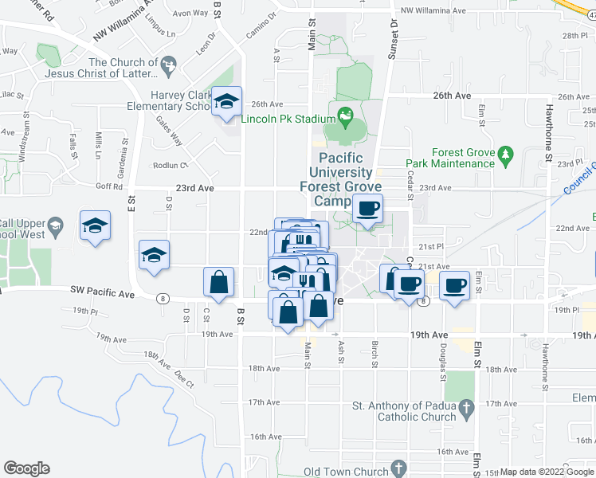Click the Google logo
tap(26, 468)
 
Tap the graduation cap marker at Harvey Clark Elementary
tap(227, 101)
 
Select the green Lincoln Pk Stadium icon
tap(346, 119)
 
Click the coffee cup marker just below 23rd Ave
tap(367, 210)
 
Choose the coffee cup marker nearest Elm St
tap(455, 284)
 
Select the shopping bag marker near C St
tap(218, 282)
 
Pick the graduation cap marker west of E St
tap(95, 225)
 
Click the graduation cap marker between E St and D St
tap(154, 255)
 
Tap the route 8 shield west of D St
tap(163, 298)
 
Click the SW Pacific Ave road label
tap(102, 293)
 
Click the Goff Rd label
tap(112, 186)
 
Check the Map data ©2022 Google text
tap(546, 472)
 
